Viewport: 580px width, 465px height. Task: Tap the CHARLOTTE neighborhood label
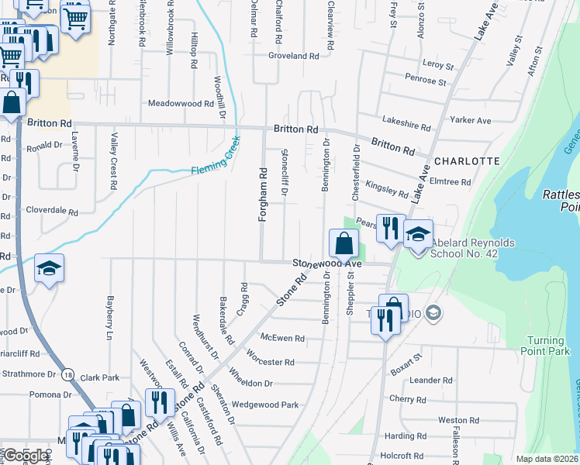(x=466, y=161)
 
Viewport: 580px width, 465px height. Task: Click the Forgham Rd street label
(x=263, y=195)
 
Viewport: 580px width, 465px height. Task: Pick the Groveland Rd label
(x=294, y=57)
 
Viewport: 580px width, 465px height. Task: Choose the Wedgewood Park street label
(x=264, y=405)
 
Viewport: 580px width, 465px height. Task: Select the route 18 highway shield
(x=69, y=374)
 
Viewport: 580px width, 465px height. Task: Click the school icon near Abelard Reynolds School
(x=418, y=234)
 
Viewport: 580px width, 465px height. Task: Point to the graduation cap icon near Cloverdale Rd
(x=49, y=268)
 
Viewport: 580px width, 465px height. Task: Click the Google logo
(x=25, y=456)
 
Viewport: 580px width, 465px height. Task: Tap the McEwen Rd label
(x=282, y=339)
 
